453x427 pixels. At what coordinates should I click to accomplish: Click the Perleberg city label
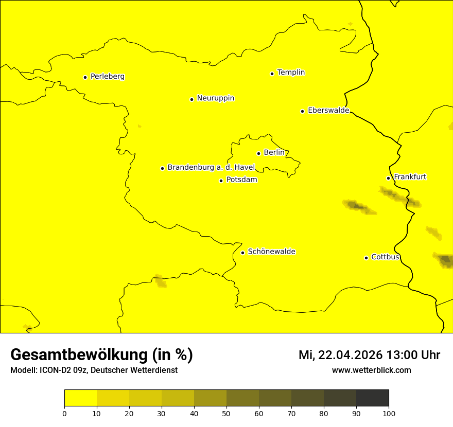coord(107,77)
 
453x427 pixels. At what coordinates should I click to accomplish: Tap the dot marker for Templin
coord(272,74)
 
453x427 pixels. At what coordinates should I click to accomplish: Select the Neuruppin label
coord(215,98)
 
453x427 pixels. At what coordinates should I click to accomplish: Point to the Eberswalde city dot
coord(302,111)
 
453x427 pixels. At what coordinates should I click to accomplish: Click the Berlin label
coord(274,153)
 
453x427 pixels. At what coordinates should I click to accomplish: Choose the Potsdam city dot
coord(221,181)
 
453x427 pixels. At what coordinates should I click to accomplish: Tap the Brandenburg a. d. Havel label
coord(211,167)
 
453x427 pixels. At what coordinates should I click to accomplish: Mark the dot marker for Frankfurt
coord(388,178)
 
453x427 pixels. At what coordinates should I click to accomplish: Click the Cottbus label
coord(385,257)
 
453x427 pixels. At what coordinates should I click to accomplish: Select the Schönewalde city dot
coord(242,253)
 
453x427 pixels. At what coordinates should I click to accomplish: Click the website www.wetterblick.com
coord(371,370)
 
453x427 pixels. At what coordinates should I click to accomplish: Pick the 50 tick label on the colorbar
coord(226,413)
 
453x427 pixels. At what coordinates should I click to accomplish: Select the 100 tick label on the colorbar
coord(389,413)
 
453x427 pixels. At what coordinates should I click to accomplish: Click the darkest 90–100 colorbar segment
coord(372,398)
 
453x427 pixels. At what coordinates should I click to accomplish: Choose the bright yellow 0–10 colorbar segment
coord(80,398)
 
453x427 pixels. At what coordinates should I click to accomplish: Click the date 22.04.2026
coord(350,355)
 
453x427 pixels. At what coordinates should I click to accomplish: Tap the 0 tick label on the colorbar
coord(64,413)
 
